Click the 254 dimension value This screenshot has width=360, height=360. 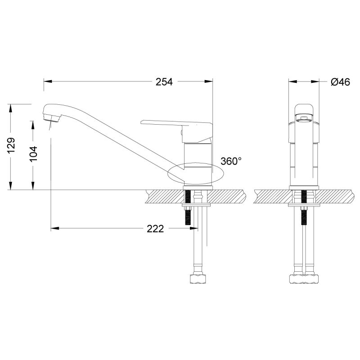coord(164,82)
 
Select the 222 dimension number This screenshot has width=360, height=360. coord(155,229)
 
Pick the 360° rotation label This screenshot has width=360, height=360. coord(231,161)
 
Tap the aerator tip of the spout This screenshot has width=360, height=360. coord(50,118)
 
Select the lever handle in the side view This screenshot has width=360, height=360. coord(175,124)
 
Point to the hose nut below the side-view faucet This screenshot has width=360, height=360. coord(198,279)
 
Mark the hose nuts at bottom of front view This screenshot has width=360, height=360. coord(304,279)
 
